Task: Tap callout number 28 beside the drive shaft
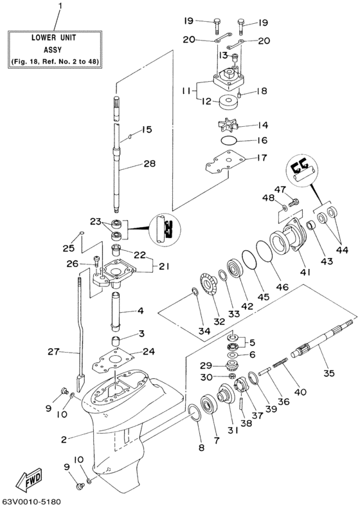pos(149,164)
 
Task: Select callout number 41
pos(305,272)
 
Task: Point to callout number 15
pos(147,129)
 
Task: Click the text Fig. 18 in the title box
pos(36,62)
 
